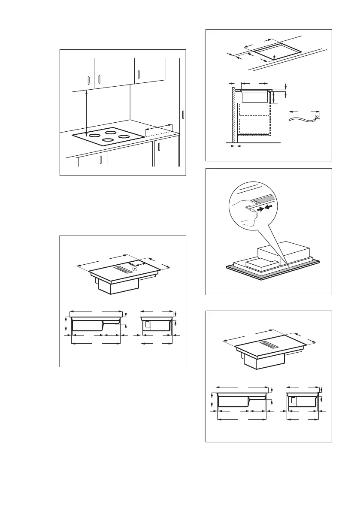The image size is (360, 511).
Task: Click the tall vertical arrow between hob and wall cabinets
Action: pyautogui.click(x=87, y=114)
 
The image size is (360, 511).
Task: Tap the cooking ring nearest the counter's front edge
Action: pyautogui.click(x=108, y=139)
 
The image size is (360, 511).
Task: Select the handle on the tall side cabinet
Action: pyautogui.click(x=183, y=115)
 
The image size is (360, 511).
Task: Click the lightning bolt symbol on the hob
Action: pyautogui.click(x=135, y=269)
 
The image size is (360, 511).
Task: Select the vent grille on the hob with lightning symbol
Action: pyautogui.click(x=124, y=269)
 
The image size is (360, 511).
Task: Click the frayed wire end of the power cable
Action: pyautogui.click(x=317, y=117)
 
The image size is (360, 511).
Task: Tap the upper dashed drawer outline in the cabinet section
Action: pyautogui.click(x=254, y=110)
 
